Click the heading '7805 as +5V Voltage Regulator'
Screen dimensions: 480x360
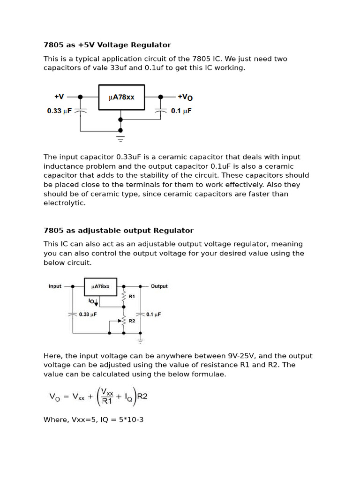pos(107,45)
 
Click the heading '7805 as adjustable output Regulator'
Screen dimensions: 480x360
pos(118,231)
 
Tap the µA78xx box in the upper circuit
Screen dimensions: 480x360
pos(121,97)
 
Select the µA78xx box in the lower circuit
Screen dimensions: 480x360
pos(100,287)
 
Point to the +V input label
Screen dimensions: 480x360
pos(59,97)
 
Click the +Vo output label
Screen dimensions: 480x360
pos(185,97)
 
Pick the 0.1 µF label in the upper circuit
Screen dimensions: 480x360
pos(181,111)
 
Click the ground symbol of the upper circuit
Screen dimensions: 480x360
pos(120,139)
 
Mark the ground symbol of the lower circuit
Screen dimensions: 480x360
pos(140,341)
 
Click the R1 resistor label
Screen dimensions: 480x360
pos(131,297)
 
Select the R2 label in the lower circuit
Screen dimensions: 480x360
pos(132,321)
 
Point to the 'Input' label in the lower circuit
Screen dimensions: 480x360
pos(55,286)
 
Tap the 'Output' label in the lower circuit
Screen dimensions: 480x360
pos(159,286)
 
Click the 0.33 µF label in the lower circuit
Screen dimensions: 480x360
pos(88,315)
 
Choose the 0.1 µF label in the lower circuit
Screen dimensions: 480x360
pos(153,315)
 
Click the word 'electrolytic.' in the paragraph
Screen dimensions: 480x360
pos(65,203)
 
